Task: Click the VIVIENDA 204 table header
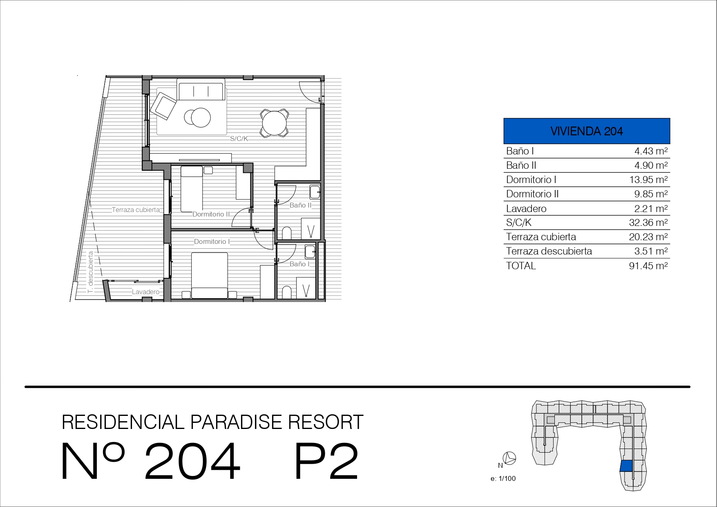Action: (587, 131)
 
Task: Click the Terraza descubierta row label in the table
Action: (549, 251)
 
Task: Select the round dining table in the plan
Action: (274, 123)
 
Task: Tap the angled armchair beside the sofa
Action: (163, 106)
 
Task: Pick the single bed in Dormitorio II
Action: (192, 189)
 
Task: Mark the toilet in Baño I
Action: (287, 293)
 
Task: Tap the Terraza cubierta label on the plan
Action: (136, 210)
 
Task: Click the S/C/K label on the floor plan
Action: (239, 139)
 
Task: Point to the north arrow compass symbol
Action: (510, 458)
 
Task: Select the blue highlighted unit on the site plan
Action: (626, 466)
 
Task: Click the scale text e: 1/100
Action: (503, 479)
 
